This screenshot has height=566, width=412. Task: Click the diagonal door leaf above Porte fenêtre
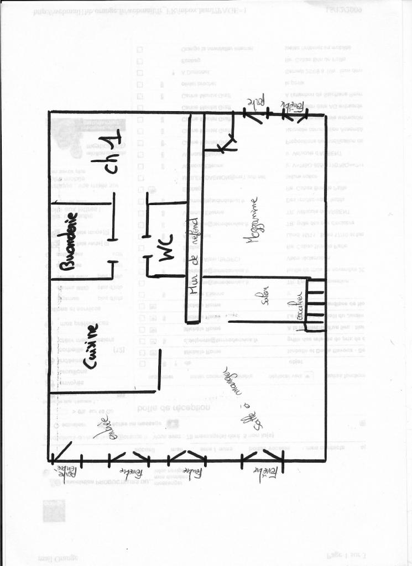click(61, 450)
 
